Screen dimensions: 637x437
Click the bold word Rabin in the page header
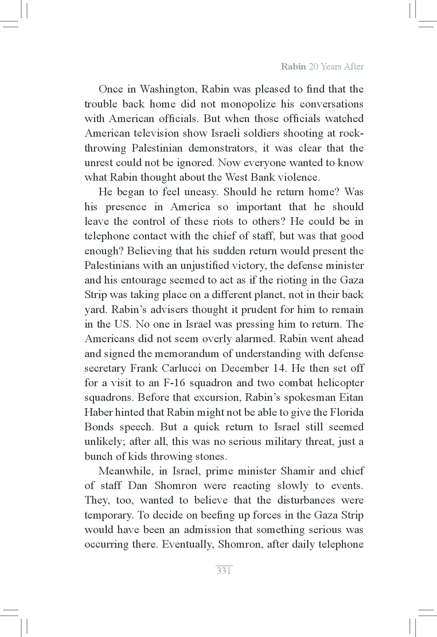pos(293,67)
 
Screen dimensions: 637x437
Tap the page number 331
pos(224,571)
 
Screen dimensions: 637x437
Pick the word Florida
pos(347,412)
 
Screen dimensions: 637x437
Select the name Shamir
pos(298,471)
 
